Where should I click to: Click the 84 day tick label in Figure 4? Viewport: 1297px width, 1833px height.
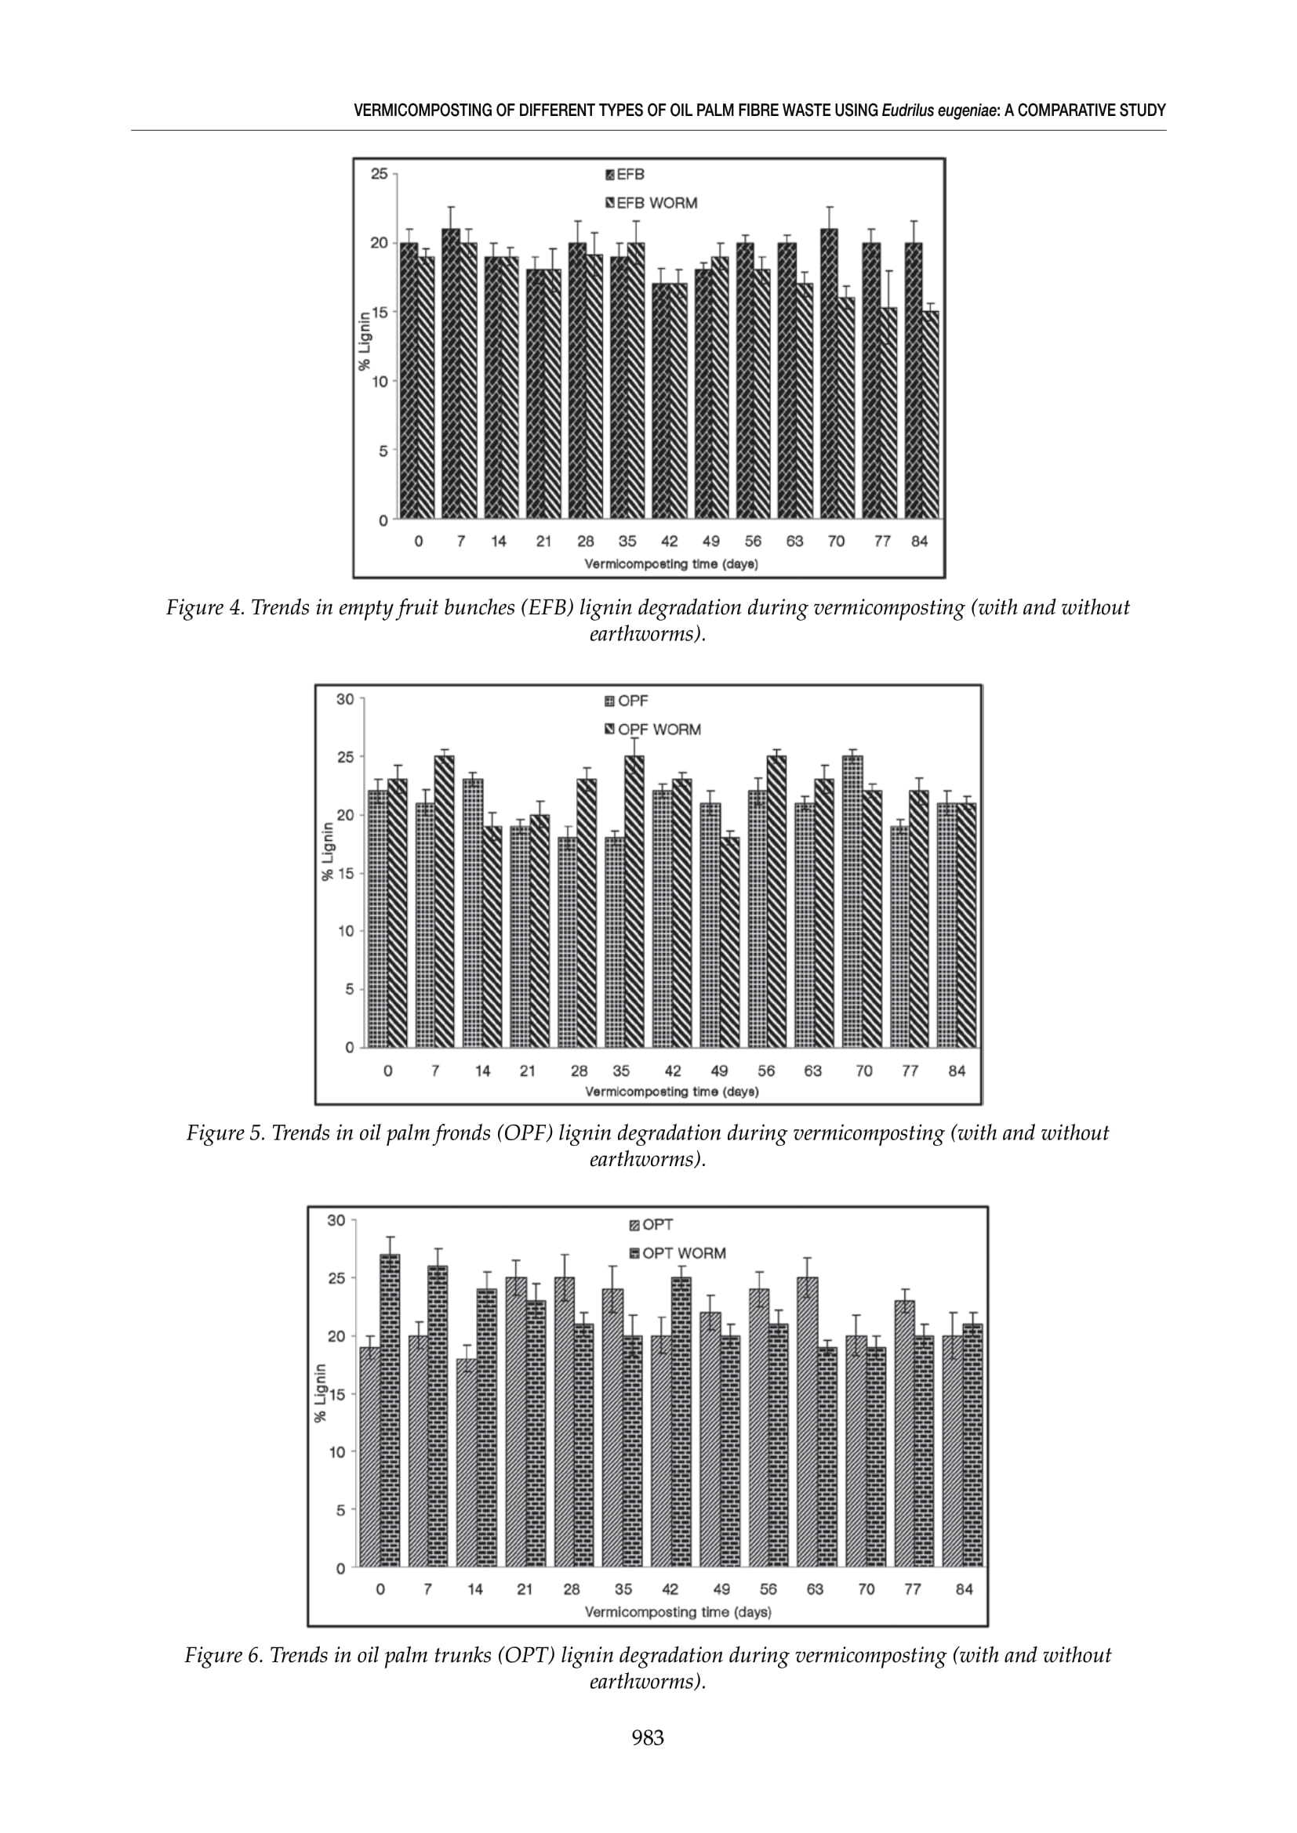919,542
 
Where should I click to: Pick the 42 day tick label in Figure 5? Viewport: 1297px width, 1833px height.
673,1070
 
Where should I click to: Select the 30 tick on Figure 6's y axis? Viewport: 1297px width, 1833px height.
336,1220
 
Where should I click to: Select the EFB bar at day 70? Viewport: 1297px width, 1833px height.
830,375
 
